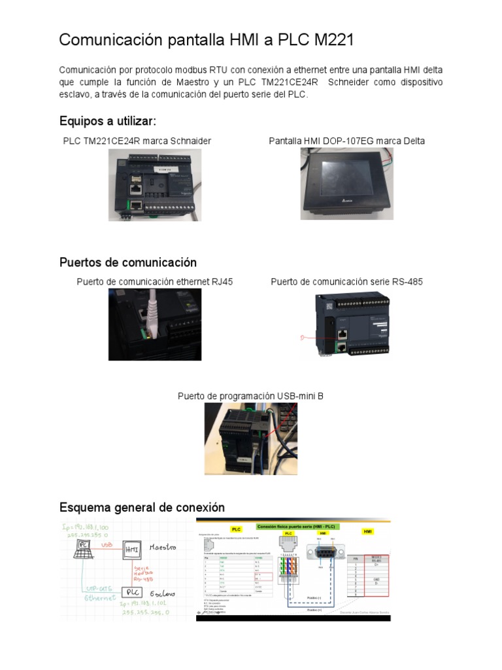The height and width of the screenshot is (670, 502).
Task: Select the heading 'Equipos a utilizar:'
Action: (108, 122)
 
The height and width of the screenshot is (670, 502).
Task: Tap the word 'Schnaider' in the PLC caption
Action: (188, 141)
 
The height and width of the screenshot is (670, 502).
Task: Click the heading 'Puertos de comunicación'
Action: (128, 262)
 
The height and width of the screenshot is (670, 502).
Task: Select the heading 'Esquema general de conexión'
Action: (142, 507)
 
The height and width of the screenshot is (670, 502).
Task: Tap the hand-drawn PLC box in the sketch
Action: (133, 593)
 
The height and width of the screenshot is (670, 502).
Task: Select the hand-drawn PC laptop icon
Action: (84, 547)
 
